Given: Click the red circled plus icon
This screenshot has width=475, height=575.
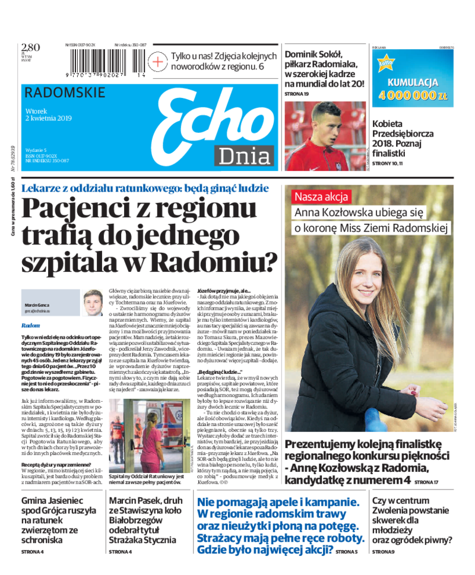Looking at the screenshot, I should [x=158, y=61].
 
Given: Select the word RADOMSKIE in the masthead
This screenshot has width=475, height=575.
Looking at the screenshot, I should [x=65, y=93].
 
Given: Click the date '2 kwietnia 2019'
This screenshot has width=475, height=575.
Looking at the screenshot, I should [x=48, y=118].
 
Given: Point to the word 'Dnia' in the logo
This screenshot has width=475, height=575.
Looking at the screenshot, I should [x=244, y=156].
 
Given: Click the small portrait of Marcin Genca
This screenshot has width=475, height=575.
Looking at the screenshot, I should [x=92, y=303].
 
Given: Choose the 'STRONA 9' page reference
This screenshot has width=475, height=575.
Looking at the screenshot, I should [x=383, y=552].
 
